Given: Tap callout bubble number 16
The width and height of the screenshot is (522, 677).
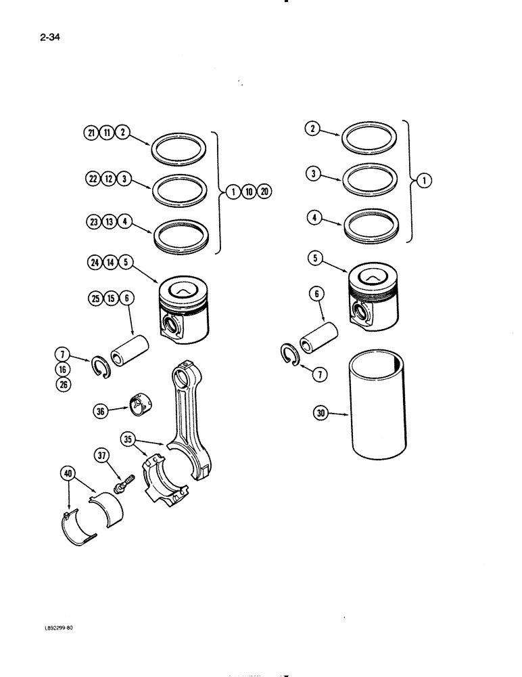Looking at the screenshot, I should (64, 369).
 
